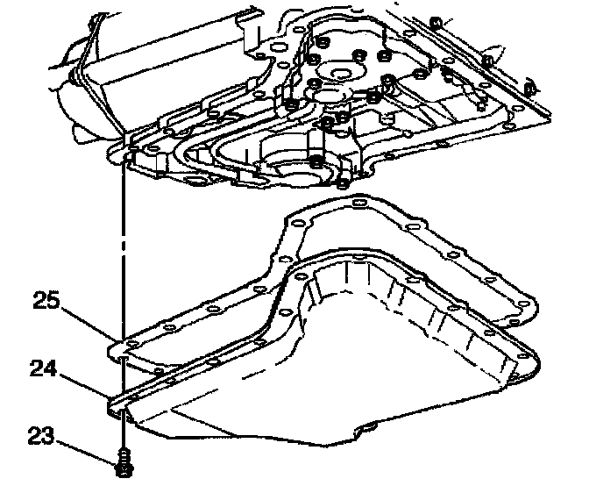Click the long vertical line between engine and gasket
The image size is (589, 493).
[123, 254]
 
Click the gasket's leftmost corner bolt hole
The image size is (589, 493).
[123, 348]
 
